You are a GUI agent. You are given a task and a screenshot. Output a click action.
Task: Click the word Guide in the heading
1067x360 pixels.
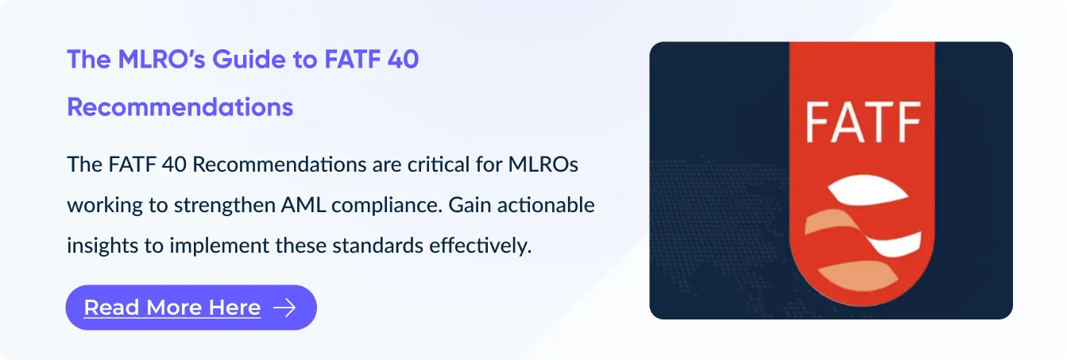pos(249,60)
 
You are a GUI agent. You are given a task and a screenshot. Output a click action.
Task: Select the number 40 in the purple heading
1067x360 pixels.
pos(403,60)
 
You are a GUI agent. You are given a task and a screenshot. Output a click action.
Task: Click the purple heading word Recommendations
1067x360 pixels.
pos(180,107)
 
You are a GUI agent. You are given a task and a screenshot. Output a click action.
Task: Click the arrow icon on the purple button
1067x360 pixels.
pos(284,308)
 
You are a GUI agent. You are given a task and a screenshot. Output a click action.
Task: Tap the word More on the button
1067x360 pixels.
pos(173,308)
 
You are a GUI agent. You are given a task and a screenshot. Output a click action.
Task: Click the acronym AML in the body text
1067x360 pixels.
pos(303,205)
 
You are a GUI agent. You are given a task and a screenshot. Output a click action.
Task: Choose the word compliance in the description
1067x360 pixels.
pos(387,206)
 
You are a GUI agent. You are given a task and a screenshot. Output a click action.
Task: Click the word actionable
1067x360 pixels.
pos(546,205)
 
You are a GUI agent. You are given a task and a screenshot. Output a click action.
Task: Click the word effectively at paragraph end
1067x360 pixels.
pos(480,246)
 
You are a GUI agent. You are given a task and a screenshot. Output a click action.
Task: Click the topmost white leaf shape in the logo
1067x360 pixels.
pos(868,190)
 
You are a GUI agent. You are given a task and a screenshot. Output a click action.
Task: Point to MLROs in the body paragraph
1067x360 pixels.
pos(543,165)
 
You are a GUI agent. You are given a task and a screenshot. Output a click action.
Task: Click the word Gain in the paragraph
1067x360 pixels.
pos(470,205)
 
